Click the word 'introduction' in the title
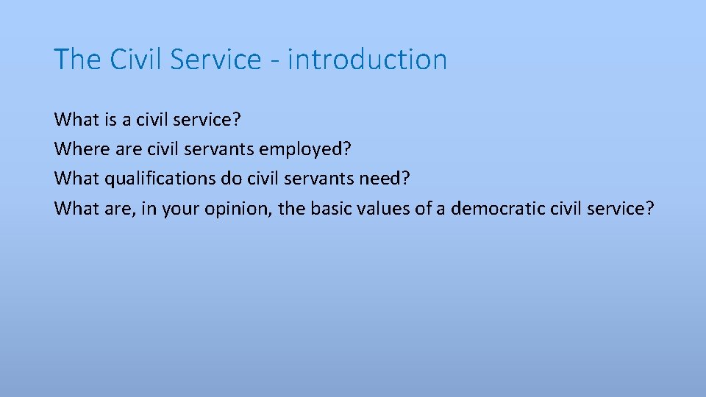click(367, 60)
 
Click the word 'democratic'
click(498, 209)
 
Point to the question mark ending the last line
click(649, 209)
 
